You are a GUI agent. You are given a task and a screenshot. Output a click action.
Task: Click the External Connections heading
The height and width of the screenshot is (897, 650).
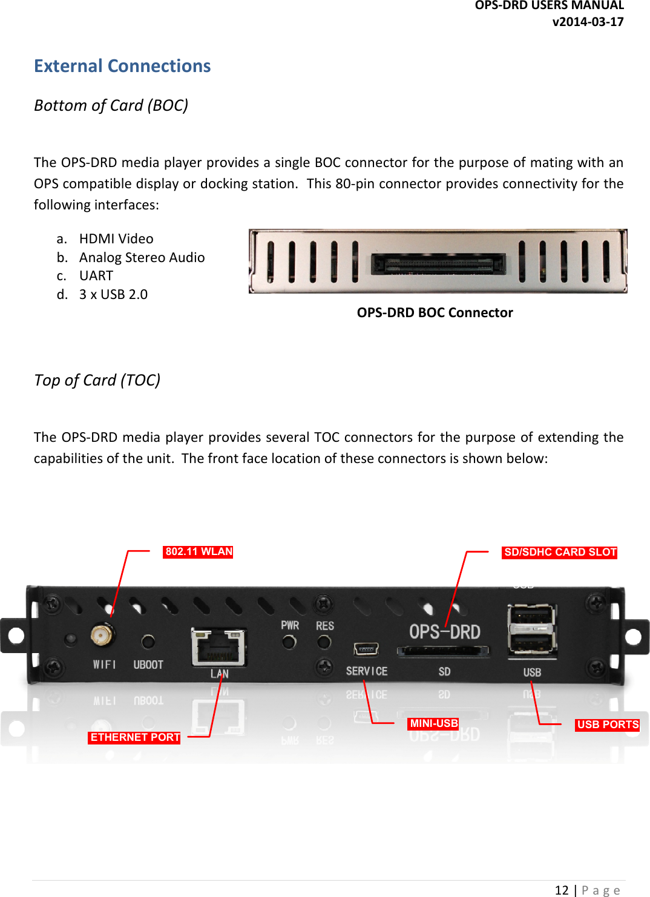(x=122, y=66)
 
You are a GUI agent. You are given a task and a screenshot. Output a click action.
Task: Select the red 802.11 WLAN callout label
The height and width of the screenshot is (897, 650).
(x=198, y=551)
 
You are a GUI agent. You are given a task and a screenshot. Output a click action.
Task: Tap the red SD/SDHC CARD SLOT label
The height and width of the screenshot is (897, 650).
(x=559, y=552)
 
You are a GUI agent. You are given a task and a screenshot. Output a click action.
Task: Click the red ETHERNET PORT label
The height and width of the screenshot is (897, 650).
(x=134, y=737)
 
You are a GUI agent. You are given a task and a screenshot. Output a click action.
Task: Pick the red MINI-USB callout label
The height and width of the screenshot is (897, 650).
(x=433, y=723)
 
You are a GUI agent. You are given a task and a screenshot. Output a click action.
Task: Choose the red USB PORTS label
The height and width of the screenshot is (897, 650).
(x=607, y=724)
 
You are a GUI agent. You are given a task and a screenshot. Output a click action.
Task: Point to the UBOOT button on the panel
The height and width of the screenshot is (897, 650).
(x=148, y=642)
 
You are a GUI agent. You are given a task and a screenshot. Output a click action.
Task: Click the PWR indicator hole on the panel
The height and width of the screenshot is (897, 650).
(x=289, y=642)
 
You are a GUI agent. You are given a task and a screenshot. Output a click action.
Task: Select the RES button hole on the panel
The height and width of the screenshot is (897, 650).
(x=324, y=642)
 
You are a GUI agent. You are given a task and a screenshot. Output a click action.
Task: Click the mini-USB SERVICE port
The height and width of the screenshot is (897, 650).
(x=366, y=649)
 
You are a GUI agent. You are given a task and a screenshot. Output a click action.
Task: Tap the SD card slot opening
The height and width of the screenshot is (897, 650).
(x=443, y=651)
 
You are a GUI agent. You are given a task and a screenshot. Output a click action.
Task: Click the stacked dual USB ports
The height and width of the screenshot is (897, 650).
(x=531, y=629)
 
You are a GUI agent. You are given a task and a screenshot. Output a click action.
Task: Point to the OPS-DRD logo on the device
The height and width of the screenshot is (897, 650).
(x=445, y=632)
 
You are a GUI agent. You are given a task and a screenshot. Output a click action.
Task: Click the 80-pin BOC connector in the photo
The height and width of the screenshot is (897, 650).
(x=438, y=263)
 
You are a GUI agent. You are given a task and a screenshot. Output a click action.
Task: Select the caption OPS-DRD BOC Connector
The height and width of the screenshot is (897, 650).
(x=435, y=312)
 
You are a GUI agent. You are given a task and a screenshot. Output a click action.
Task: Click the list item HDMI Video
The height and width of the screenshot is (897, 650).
(x=116, y=238)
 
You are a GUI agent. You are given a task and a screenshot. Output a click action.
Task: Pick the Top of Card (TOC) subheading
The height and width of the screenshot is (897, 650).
(x=97, y=380)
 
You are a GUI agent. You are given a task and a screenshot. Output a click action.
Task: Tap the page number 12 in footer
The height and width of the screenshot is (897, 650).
(x=562, y=890)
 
